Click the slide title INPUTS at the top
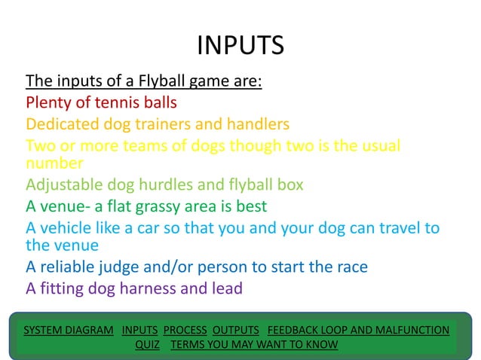(x=240, y=46)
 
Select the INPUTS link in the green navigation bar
(x=139, y=330)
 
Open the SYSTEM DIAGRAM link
(x=69, y=330)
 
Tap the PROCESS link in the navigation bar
(x=185, y=330)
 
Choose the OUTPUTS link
(x=235, y=330)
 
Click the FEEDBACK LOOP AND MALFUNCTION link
(x=358, y=330)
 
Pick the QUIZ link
(x=148, y=345)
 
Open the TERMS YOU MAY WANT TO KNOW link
(x=255, y=345)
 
